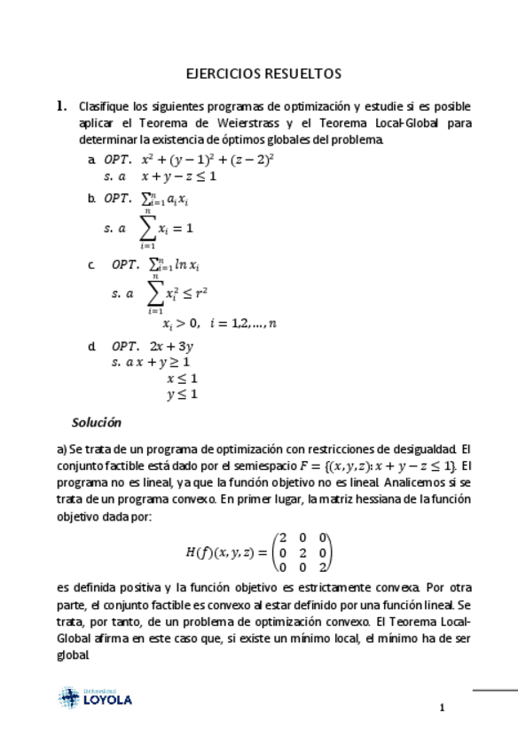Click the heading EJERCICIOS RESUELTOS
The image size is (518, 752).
click(x=263, y=74)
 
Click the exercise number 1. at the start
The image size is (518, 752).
click(x=62, y=106)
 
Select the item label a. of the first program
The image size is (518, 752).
click(x=92, y=161)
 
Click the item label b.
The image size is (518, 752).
click(x=92, y=199)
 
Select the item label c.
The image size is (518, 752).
click(x=92, y=264)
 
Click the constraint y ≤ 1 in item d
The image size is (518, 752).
click(x=182, y=395)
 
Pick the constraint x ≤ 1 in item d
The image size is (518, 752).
click(x=182, y=379)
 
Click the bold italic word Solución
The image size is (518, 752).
click(x=97, y=422)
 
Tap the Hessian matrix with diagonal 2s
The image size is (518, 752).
click(x=302, y=552)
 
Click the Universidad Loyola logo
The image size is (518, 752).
click(x=95, y=697)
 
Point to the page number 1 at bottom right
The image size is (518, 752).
click(x=441, y=708)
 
